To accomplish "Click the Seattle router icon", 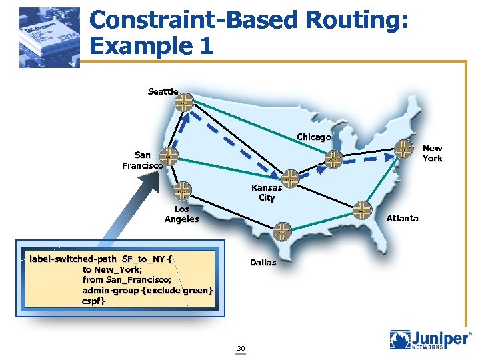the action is pos(185,102).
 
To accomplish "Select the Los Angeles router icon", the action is pos(182,191).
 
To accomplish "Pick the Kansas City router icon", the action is pos(291,177).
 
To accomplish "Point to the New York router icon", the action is pos(403,149).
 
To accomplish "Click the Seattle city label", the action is pos(163,91).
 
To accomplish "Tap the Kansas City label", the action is pos(267,193).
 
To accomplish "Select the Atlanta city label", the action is pos(403,218).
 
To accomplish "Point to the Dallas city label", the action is pos(263,262).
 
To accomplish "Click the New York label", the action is pos(432,153).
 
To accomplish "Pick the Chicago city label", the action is pos(314,137).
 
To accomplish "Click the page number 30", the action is pos(241,348).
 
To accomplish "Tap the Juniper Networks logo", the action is pos(430,341).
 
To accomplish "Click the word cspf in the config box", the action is pos(94,301).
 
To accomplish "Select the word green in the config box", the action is pos(196,291).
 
